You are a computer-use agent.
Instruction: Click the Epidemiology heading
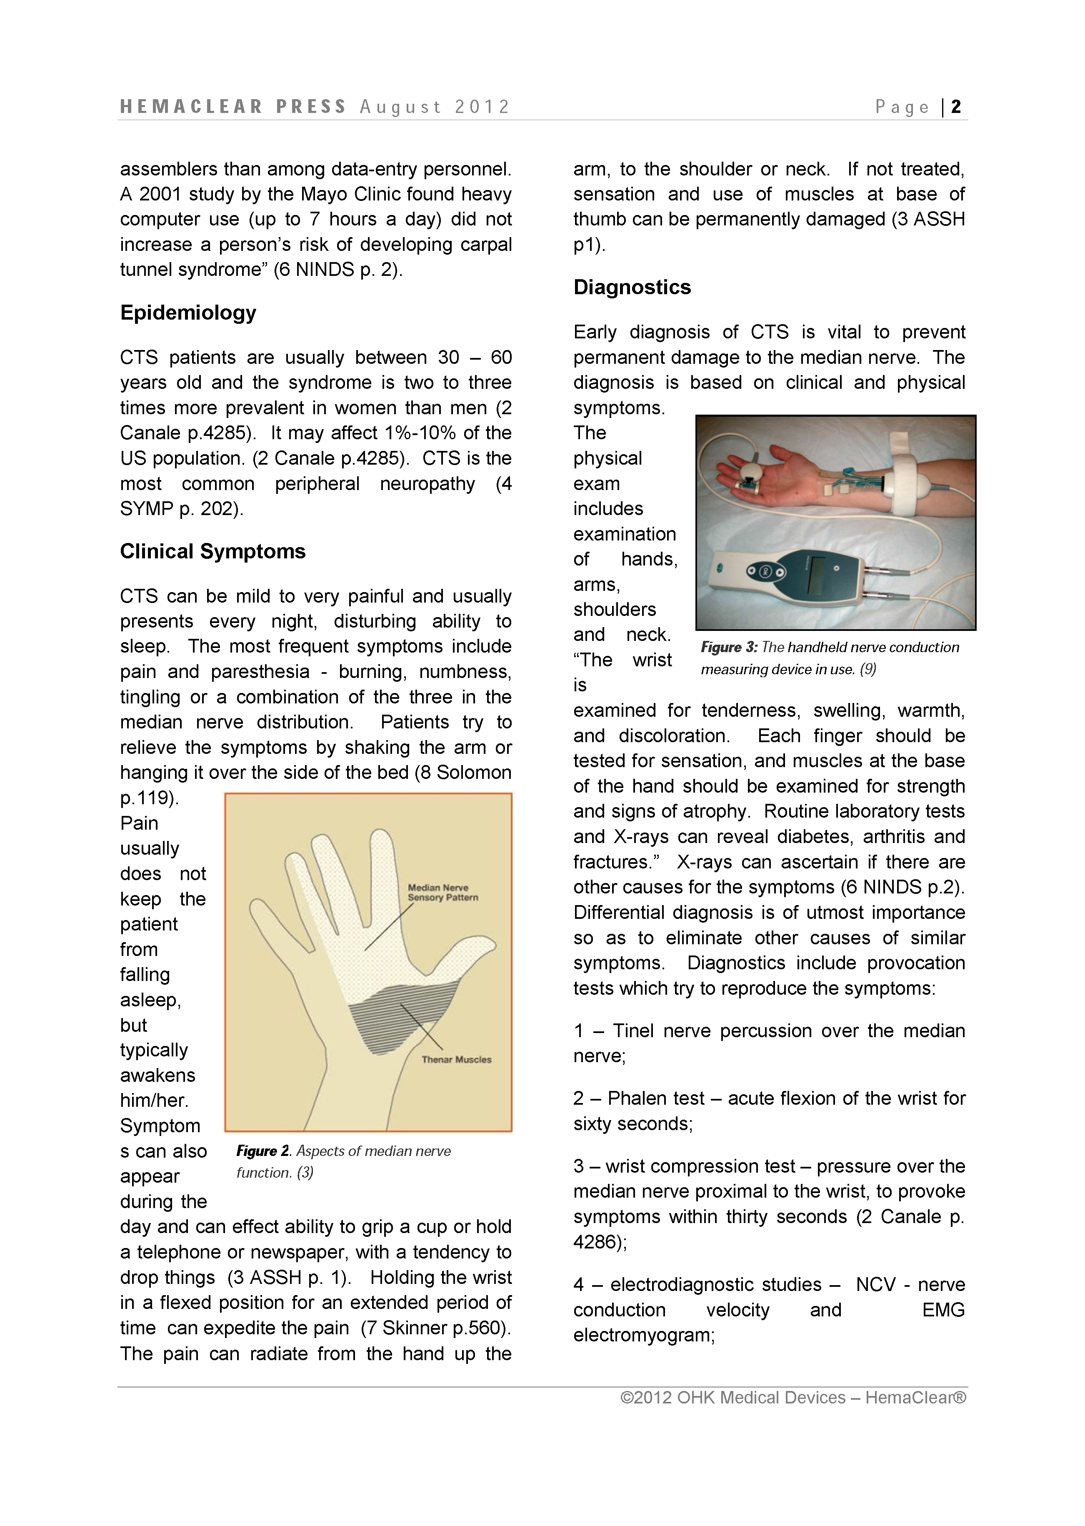tap(188, 313)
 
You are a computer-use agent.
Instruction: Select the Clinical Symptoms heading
tap(212, 551)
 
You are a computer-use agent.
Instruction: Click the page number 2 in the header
tap(956, 107)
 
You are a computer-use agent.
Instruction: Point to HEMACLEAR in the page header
tap(192, 107)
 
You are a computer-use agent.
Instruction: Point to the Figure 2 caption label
tap(262, 1151)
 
